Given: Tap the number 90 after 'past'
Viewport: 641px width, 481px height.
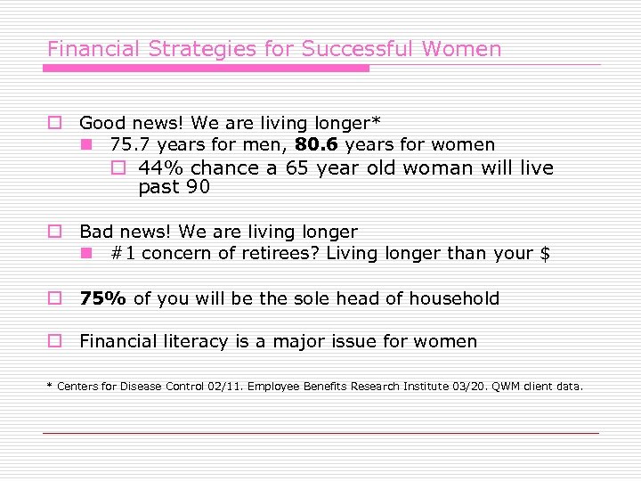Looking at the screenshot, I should (198, 187).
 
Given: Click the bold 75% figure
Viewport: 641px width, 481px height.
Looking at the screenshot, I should (103, 298).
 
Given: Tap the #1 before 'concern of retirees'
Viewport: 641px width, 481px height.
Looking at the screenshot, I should (123, 254).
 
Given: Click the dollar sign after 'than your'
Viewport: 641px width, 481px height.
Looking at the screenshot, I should (545, 254).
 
